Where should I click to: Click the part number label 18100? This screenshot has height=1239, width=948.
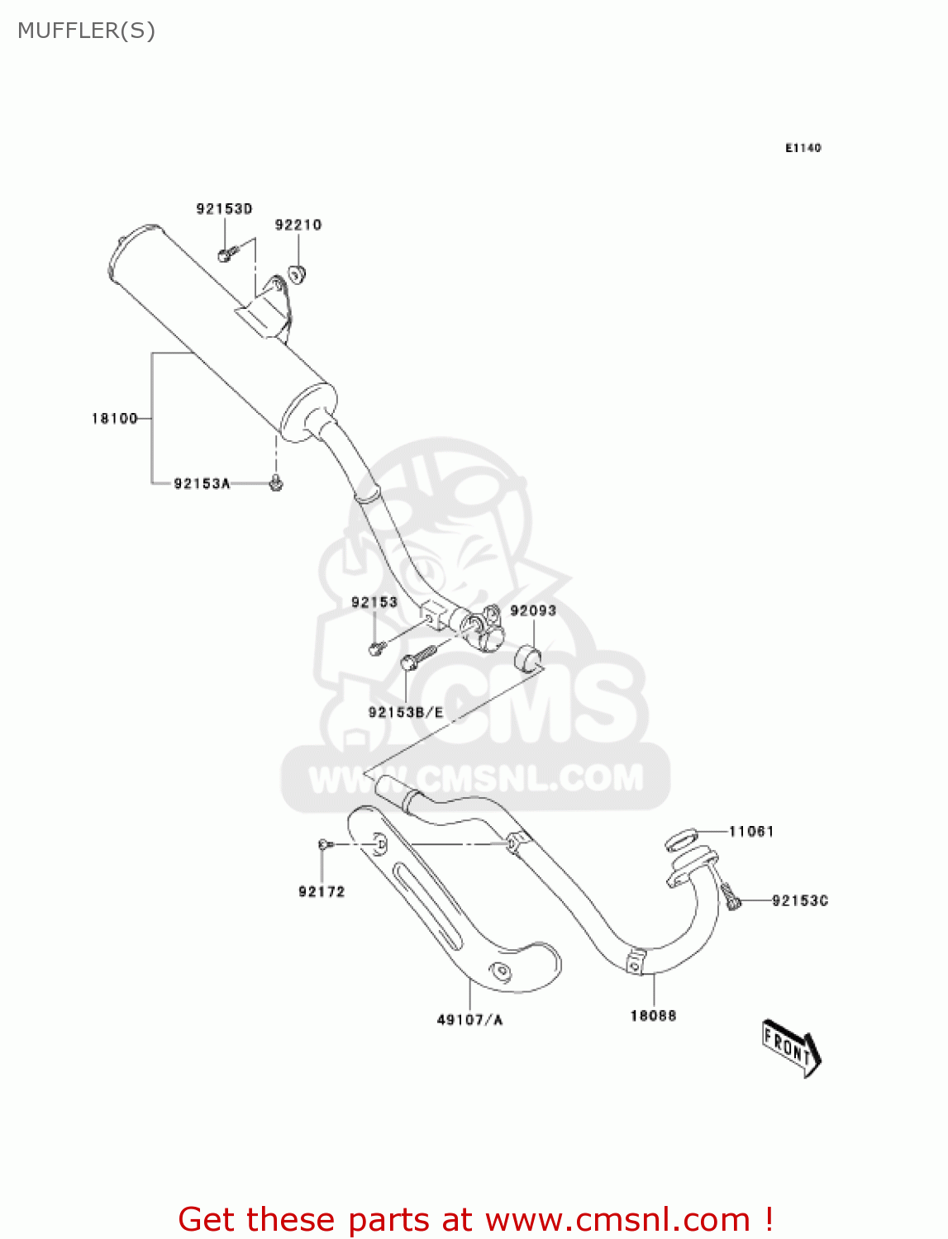click(x=114, y=419)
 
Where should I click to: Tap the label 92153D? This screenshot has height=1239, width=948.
click(x=224, y=209)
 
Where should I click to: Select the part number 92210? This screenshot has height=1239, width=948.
click(x=298, y=225)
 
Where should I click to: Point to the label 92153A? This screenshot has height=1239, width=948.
click(x=202, y=484)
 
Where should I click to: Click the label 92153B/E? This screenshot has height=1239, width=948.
click(x=406, y=713)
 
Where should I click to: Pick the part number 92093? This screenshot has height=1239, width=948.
click(x=533, y=611)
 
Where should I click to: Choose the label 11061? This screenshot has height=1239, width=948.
click(x=750, y=832)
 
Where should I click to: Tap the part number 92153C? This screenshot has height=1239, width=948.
click(x=799, y=901)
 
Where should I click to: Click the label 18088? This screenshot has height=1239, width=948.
click(x=653, y=1016)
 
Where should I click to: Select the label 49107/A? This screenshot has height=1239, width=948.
click(x=469, y=1020)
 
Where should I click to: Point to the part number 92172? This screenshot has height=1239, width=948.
click(x=322, y=892)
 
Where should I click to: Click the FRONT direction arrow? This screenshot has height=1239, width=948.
click(x=790, y=1047)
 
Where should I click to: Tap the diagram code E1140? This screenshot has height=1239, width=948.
click(x=803, y=148)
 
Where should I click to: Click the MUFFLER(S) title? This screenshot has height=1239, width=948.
click(x=86, y=31)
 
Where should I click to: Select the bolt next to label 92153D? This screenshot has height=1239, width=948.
click(x=226, y=253)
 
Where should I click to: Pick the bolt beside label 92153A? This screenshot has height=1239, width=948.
click(x=276, y=482)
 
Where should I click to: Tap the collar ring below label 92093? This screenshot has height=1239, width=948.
click(x=528, y=659)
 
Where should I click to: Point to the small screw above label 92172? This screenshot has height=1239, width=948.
click(x=323, y=844)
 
